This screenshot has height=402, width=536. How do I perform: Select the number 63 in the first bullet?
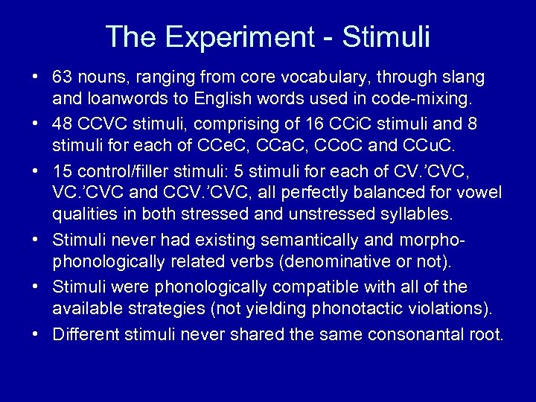pos(62,77)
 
